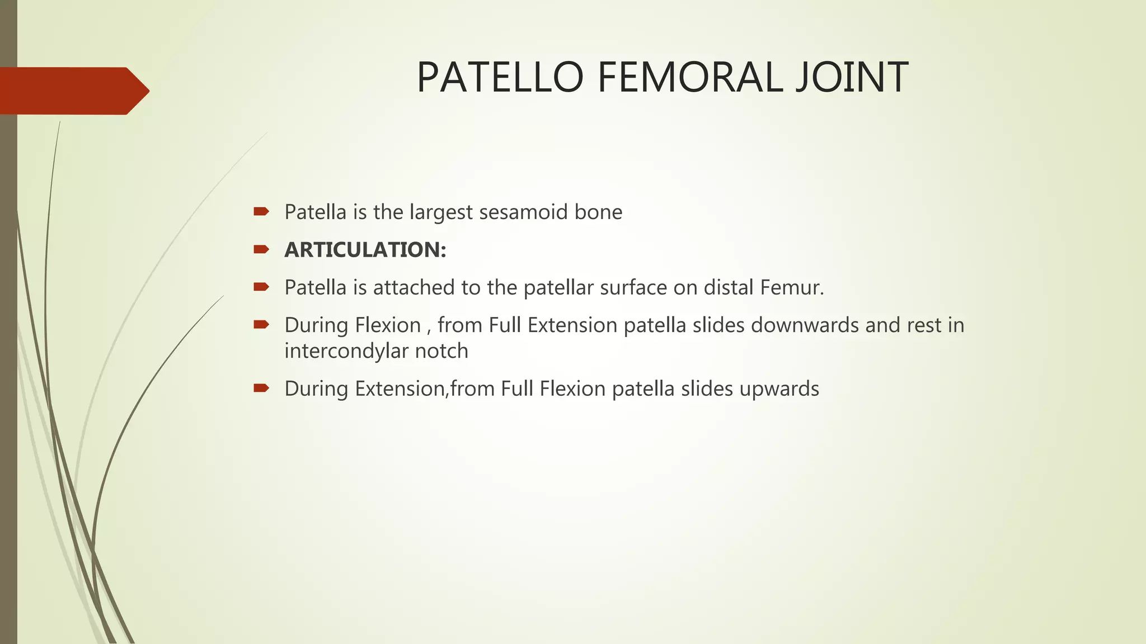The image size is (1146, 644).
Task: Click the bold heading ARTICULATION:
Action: pyautogui.click(x=365, y=250)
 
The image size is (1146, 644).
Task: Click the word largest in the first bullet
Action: pyautogui.click(x=441, y=212)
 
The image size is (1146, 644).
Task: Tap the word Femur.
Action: pyautogui.click(x=792, y=288)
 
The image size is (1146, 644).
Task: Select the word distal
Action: pyautogui.click(x=729, y=288)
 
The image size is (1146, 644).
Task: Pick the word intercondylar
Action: pyautogui.click(x=346, y=351)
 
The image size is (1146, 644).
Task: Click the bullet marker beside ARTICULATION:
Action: pyautogui.click(x=261, y=249)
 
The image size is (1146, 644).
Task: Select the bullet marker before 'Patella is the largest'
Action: pyautogui.click(x=261, y=211)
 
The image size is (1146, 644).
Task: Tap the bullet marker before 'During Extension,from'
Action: pyautogui.click(x=261, y=388)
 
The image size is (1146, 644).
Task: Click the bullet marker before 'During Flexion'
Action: pyautogui.click(x=261, y=324)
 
